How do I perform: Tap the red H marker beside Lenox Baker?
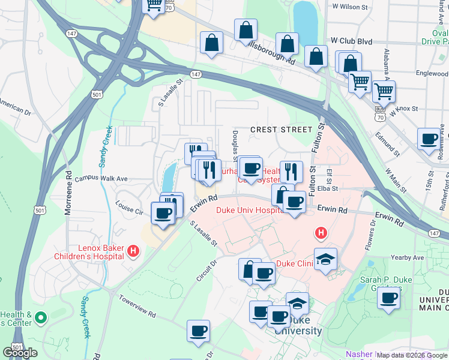[134, 251]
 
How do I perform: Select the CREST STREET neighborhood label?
[281, 130]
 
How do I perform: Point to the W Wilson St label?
[350, 7]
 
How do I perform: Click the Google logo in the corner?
[20, 353]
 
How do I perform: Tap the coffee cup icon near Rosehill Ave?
[429, 139]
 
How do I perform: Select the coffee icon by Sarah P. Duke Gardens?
[388, 298]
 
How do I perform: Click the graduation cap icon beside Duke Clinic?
[325, 259]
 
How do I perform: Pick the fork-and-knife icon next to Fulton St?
[291, 171]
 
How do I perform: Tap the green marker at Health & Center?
[41, 316]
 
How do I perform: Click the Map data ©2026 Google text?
[412, 355]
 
